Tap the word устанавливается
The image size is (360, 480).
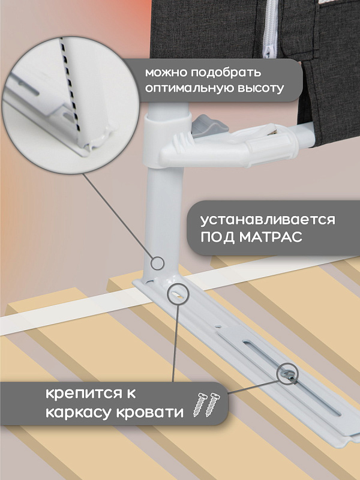pyautogui.click(x=268, y=220)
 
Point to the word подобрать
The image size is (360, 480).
pyautogui.click(x=226, y=73)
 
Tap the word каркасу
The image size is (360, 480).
pyautogui.click(x=79, y=412)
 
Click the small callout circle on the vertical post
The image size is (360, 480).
pyautogui.click(x=158, y=263)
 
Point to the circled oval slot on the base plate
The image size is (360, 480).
pyautogui.click(x=178, y=294)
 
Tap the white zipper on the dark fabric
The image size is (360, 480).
pyautogui.click(x=271, y=29)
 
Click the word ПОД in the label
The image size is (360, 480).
pyautogui.click(x=218, y=237)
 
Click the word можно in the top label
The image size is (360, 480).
pyautogui.click(x=166, y=73)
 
